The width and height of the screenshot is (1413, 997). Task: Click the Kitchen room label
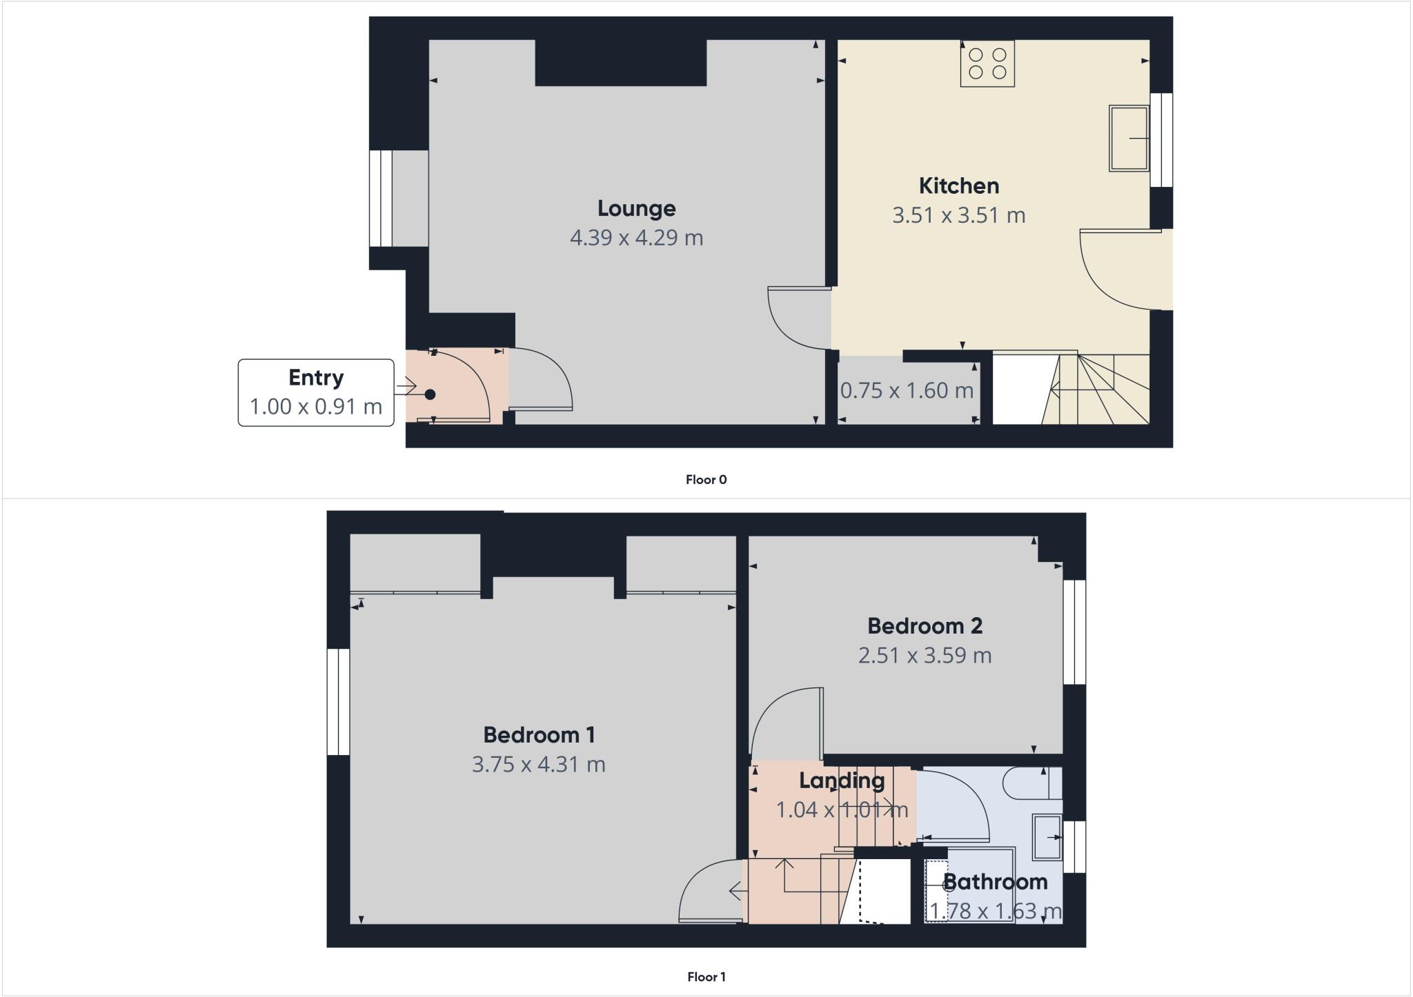pyautogui.click(x=958, y=186)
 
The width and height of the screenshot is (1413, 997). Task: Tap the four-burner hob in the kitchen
pyautogui.click(x=987, y=63)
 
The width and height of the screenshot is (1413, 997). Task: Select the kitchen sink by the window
pyautogui.click(x=1129, y=138)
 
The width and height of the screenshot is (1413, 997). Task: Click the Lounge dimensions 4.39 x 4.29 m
pyautogui.click(x=636, y=238)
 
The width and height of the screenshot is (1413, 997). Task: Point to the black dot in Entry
pyautogui.click(x=430, y=394)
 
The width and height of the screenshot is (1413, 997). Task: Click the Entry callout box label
pyautogui.click(x=316, y=378)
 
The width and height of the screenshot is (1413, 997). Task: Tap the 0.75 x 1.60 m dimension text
pyautogui.click(x=906, y=391)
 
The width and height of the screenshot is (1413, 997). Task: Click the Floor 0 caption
pyautogui.click(x=706, y=480)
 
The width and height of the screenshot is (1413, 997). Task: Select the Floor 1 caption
pyautogui.click(x=706, y=977)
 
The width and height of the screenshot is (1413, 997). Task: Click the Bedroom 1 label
pyautogui.click(x=539, y=735)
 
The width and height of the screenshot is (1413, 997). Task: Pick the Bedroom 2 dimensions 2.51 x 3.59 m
pyautogui.click(x=925, y=655)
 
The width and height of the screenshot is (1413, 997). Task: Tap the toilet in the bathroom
pyautogui.click(x=1031, y=783)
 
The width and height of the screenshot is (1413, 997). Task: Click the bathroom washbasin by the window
pyautogui.click(x=1047, y=837)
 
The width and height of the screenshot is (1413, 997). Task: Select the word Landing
pyautogui.click(x=842, y=781)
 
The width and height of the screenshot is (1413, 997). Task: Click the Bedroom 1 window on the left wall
pyautogui.click(x=338, y=702)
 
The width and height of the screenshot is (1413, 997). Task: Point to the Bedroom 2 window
pyautogui.click(x=1074, y=632)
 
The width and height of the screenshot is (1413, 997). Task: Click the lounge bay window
pyautogui.click(x=381, y=199)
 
